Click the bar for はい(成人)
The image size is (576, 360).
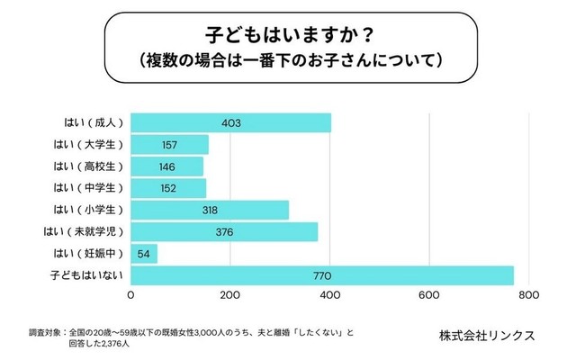(231, 123)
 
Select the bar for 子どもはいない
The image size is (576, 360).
(322, 275)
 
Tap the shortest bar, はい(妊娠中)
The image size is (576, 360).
(145, 254)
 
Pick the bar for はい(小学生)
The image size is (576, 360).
(210, 211)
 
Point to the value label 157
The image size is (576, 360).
(170, 145)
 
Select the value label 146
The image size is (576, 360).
(167, 166)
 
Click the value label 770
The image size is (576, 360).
(322, 275)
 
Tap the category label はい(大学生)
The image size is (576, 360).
(85, 145)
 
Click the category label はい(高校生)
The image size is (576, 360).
(85, 166)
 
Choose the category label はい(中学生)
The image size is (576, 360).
(85, 188)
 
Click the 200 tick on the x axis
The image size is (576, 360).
(231, 294)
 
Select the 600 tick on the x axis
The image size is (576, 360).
(429, 294)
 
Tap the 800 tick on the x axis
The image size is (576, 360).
(528, 294)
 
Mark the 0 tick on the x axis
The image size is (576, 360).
(132, 294)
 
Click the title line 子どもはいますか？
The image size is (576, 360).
(287, 38)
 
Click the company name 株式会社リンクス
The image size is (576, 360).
(487, 335)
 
